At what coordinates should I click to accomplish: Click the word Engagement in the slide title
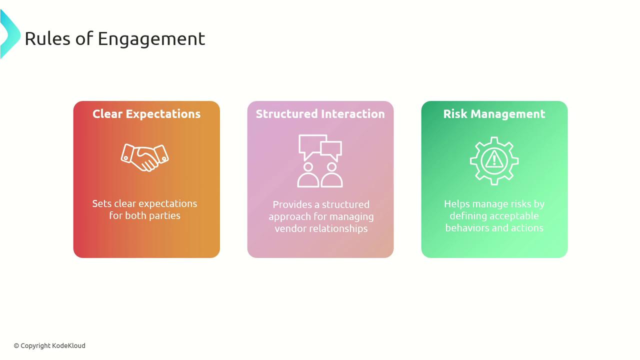tap(151, 39)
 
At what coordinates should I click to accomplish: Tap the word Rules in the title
tap(47, 38)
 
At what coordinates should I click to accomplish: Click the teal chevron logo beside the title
tap(10, 34)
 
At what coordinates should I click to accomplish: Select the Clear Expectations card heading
tap(146, 113)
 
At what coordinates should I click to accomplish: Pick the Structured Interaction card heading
tap(320, 113)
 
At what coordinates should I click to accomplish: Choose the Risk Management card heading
tap(494, 113)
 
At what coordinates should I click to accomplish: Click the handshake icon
tap(145, 157)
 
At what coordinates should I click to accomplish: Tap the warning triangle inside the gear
tap(494, 159)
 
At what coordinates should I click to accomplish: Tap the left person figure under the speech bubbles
tap(308, 180)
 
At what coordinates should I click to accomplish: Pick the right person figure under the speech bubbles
tap(331, 180)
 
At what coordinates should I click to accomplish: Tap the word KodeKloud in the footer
tap(68, 345)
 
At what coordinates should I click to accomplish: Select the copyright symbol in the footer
tap(16, 346)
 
